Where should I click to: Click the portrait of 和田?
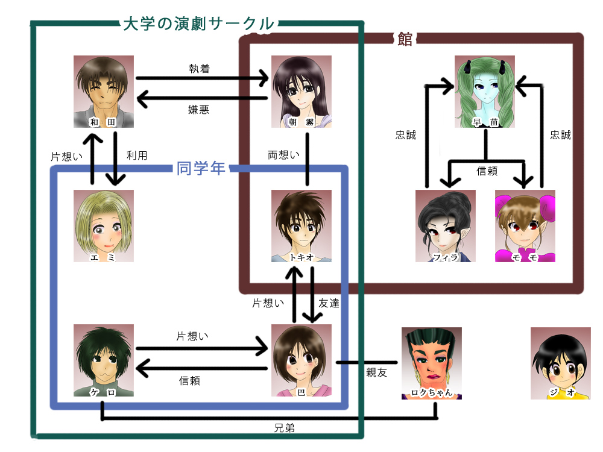coord(103,92)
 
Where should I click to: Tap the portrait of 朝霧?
coord(301,92)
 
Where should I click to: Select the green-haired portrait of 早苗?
coord(485,92)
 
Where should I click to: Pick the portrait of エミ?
coord(103,226)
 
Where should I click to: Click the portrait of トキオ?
coord(301,226)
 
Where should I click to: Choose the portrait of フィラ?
coord(446,226)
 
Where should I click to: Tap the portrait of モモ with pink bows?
coord(525,226)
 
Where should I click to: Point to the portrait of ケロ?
coord(103,360)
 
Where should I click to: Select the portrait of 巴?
coord(301,360)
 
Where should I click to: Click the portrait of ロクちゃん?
coord(431,363)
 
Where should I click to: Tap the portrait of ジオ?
coord(560,363)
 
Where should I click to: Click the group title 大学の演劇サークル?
coord(198,24)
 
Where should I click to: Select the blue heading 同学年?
coord(201,168)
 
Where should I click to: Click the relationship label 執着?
coord(199,69)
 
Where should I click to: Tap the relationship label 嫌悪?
coord(199,110)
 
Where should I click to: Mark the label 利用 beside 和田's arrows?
coord(137,155)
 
